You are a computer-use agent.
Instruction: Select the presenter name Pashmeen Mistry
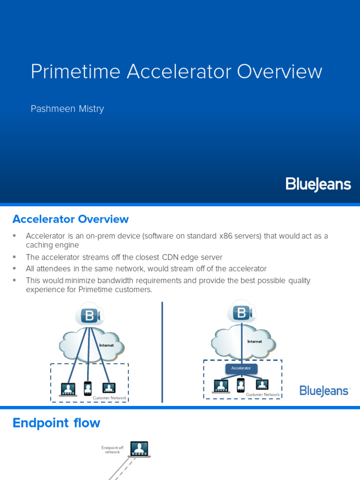(67, 109)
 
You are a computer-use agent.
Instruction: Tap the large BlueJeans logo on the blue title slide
(318, 184)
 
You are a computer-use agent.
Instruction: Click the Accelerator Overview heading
(70, 219)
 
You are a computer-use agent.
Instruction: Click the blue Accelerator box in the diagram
(241, 368)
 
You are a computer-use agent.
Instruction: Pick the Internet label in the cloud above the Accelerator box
(255, 341)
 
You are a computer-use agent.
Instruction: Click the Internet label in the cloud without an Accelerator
(106, 345)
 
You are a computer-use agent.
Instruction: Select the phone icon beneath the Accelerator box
(240, 385)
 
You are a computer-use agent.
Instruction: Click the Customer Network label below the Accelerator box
(262, 395)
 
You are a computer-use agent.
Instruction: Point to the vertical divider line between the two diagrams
(162, 352)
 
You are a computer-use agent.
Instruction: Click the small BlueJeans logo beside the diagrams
(324, 390)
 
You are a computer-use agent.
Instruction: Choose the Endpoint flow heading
(56, 423)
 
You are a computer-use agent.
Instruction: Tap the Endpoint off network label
(112, 450)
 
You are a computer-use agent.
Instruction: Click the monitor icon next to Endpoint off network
(139, 449)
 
